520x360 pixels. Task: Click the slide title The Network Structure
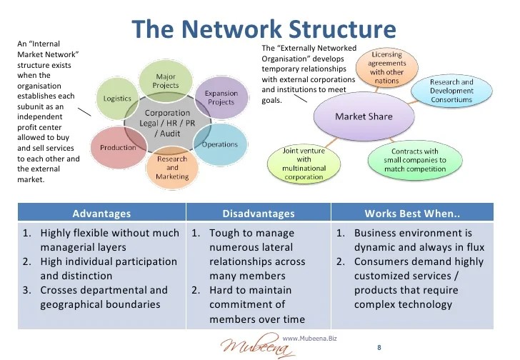pos(264,30)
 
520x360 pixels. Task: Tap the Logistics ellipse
pos(117,99)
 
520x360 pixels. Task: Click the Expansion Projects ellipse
pos(221,98)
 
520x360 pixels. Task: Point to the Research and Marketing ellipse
pos(172,167)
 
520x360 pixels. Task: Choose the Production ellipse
pos(118,147)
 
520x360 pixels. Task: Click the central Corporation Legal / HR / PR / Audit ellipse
pos(167,123)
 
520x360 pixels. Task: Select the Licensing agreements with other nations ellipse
pos(386,67)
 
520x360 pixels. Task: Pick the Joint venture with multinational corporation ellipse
pos(304,164)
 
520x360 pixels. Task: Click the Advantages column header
pos(101,213)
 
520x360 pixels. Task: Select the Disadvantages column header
pos(258,213)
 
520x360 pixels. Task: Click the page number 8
pos(379,347)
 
